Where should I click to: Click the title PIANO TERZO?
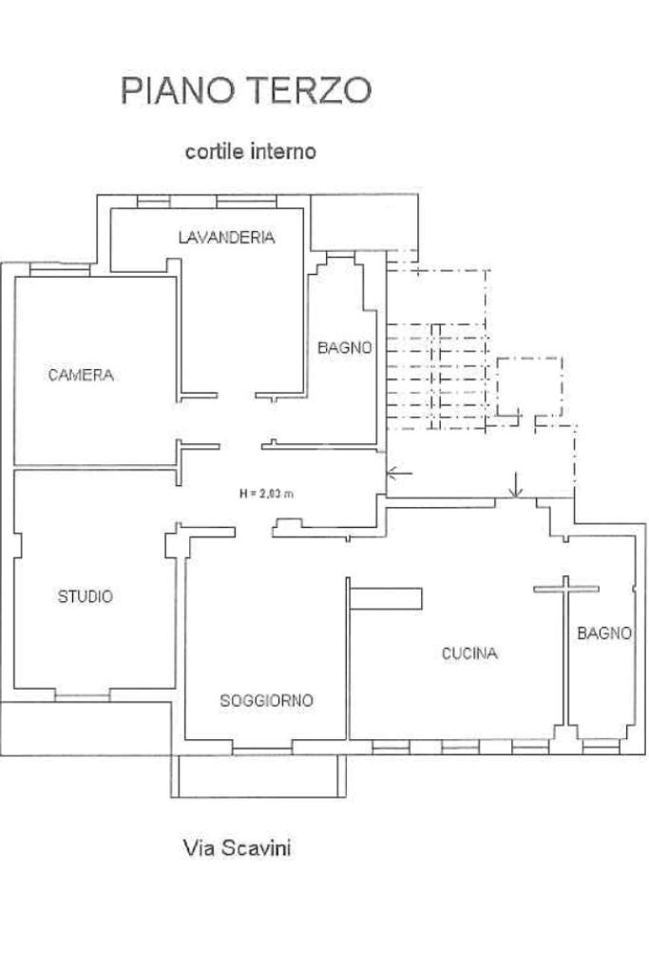pos(246,90)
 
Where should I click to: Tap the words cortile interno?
pos(251,151)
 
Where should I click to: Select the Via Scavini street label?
pos(238,847)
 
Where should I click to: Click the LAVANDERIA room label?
pos(226,237)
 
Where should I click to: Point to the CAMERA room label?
pos(81,375)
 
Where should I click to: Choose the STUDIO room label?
pos(86,596)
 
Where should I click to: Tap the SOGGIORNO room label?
pos(267,701)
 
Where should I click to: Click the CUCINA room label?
pos(469,652)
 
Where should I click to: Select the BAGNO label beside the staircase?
pos(345,347)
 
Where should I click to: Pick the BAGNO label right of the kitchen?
pos(604,632)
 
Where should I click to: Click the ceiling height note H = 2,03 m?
pos(267,494)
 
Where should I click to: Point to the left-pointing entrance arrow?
pos(399,474)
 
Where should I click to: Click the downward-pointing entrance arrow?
pos(515,485)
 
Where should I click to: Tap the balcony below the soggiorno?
pos(258,776)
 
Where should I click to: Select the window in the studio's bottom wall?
pos(83,695)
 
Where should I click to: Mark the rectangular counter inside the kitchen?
pos(386,598)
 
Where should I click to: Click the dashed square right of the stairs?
pos(530,386)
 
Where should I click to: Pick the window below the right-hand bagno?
pos(601,747)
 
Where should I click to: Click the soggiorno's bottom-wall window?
pos(262,748)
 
